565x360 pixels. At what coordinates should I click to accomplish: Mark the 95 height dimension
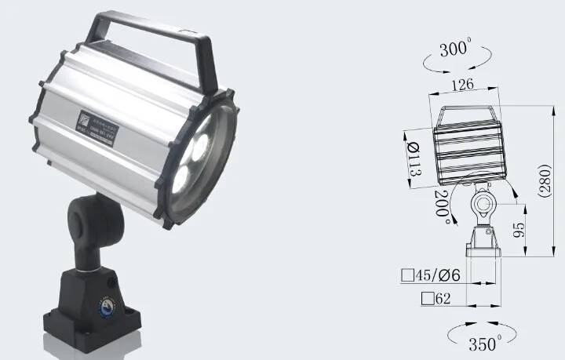[518, 229]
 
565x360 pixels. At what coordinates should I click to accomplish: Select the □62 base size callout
[436, 298]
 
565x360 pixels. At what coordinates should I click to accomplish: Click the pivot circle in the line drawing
[481, 206]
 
